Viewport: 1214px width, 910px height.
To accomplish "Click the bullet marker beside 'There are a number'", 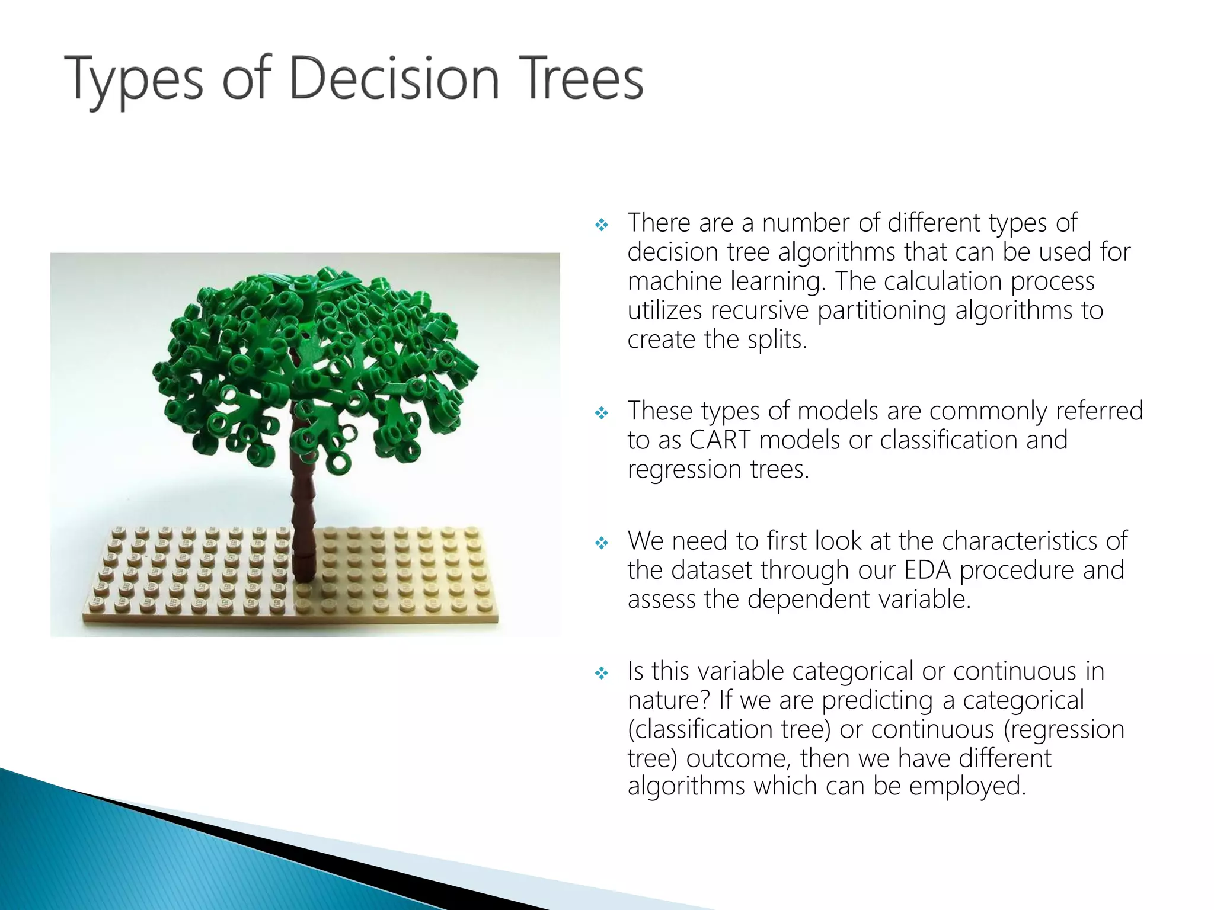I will coord(602,225).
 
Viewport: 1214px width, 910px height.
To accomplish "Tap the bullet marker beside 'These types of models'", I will coord(602,413).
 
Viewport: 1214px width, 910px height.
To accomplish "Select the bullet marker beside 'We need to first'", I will coord(602,543).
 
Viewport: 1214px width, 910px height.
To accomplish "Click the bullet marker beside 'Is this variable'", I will coord(602,673).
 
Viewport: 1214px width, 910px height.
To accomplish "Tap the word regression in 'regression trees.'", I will coord(684,469).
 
